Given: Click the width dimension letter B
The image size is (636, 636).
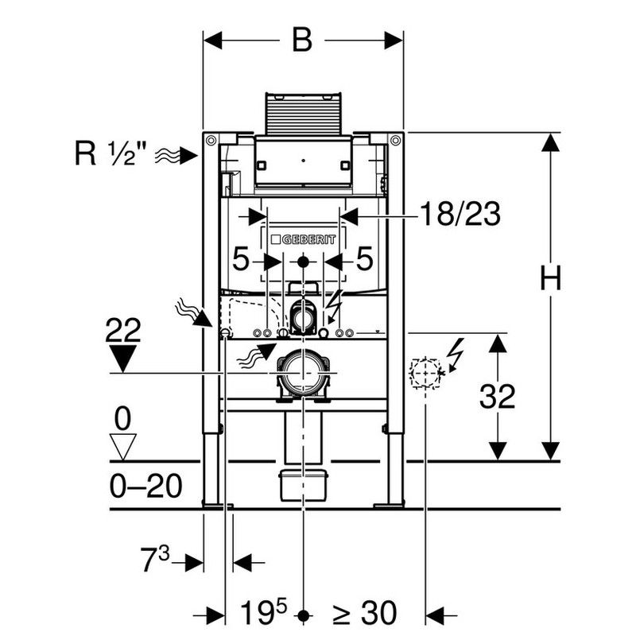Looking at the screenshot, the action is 302,41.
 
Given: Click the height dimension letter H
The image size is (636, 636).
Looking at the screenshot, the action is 550,278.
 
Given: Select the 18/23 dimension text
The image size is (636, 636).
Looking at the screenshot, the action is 460,214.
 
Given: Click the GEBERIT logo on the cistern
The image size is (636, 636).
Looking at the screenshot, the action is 304,240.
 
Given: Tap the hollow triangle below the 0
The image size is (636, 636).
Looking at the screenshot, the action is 123,447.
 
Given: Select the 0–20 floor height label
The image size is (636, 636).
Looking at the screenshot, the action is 146,486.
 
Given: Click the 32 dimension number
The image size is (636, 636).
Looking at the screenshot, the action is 498,396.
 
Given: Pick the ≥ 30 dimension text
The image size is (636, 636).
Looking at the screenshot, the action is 364,613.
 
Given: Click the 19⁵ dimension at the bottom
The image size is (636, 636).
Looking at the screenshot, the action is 263,612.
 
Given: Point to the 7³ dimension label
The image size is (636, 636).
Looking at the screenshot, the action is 155,560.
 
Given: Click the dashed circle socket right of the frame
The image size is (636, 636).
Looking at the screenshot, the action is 425,373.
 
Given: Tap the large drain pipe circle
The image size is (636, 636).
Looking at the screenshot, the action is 303,372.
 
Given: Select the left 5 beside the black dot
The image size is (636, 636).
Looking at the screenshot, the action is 240,259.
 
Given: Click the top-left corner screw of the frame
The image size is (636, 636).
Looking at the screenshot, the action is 211,141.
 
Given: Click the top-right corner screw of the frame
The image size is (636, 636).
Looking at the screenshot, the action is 395,141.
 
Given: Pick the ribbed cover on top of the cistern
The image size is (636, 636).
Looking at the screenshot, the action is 303,114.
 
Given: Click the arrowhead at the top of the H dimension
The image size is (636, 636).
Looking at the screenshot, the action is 550,143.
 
